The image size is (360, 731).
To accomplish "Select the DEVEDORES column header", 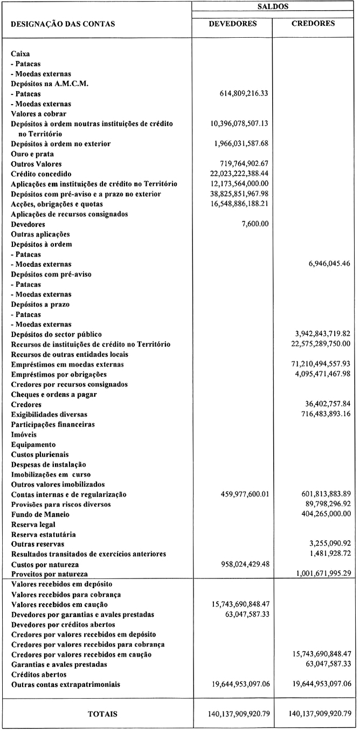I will coord(232,24).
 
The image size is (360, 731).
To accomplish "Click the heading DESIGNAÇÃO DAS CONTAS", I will coord(63,24).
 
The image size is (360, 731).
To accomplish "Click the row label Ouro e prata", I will coord(31,154).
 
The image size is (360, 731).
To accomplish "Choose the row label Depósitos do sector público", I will coord(56,334).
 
